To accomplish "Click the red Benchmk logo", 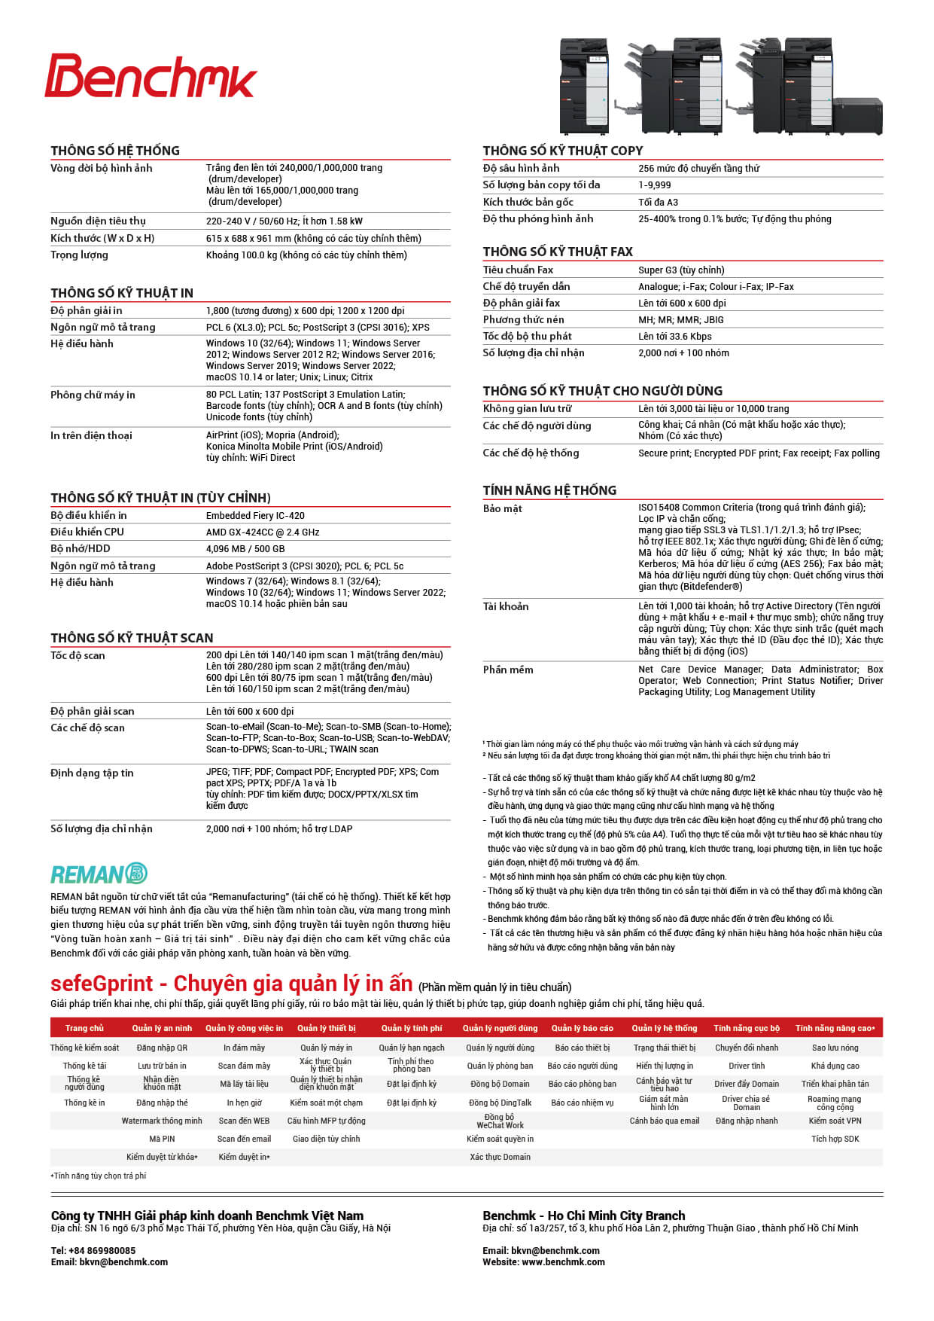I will coord(151,76).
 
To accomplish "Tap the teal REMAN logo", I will coord(99,874).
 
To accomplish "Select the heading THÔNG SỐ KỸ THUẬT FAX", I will coord(558,252).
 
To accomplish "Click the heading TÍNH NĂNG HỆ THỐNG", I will coord(549,490).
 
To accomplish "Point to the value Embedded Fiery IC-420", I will coord(255,516).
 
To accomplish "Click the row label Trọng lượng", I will coord(79,255).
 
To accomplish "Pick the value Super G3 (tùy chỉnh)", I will coord(681,270).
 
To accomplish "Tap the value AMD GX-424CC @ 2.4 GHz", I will coord(263,532).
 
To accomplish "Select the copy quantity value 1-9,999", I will coord(655,185).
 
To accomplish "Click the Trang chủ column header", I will coord(84,1028).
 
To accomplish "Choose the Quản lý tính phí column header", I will coord(412,1028).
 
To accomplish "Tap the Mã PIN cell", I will coord(162,1139).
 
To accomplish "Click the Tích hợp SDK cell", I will coord(835,1139).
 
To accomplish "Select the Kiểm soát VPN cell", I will coord(835,1121).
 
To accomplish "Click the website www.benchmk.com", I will coord(563,1262).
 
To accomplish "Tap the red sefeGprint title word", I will coord(102,984).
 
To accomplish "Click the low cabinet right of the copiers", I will coord(858,115).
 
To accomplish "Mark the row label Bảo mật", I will coord(503,509).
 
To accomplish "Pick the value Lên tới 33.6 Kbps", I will coord(674,337).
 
